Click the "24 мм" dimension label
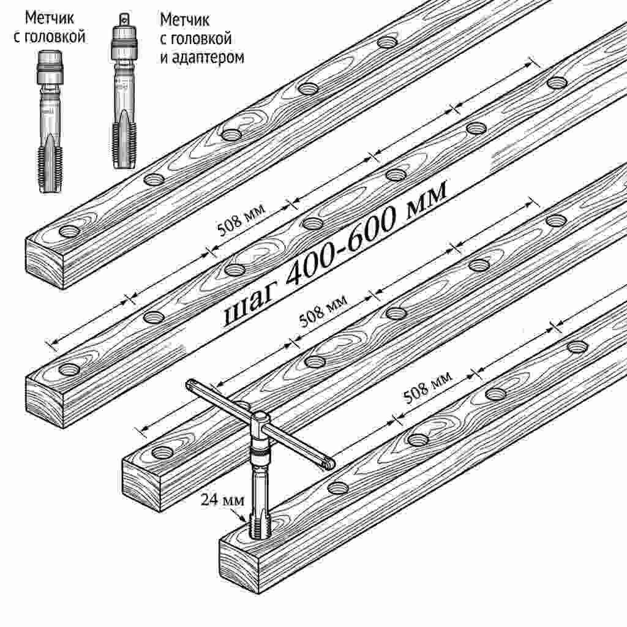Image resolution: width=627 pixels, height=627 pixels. click(222, 500)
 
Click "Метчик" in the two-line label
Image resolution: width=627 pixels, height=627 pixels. click(50, 18)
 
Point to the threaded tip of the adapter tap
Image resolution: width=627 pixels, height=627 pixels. click(124, 145)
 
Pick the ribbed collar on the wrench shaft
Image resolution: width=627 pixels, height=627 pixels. click(260, 454)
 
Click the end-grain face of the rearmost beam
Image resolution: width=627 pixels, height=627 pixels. click(45, 263)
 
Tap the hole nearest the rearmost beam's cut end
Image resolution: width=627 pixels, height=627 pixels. click(70, 231)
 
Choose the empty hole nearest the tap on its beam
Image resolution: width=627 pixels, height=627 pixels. click(338, 487)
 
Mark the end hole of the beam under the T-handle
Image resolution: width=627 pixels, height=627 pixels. click(163, 452)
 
